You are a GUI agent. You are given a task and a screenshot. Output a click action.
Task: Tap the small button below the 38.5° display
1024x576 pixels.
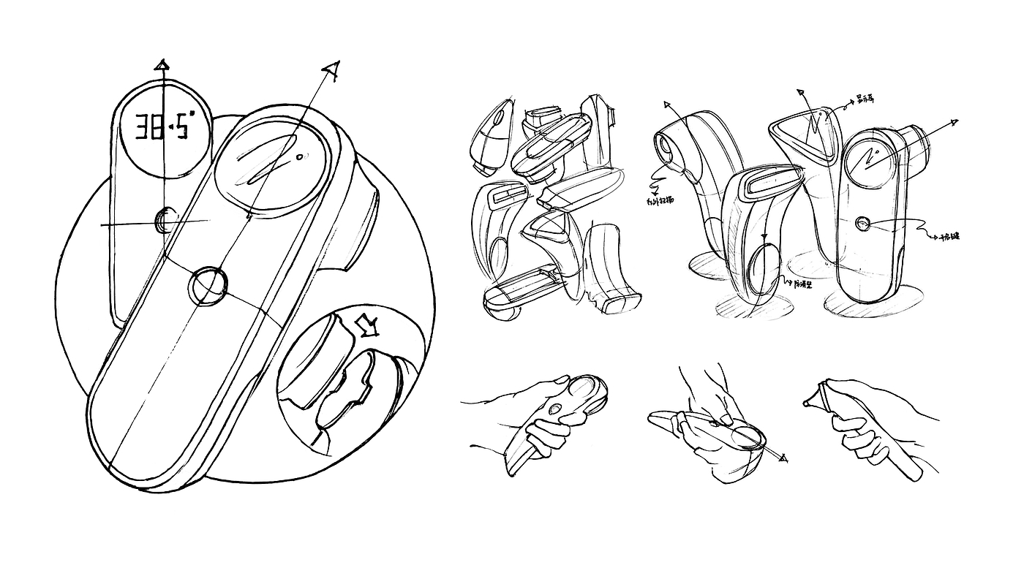(165, 219)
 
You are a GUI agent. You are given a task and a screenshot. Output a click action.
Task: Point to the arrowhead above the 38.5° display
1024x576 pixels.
(162, 65)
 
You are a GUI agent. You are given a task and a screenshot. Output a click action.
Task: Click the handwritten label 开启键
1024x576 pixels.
(949, 237)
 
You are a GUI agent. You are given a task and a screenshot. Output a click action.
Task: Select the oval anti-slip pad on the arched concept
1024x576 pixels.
(762, 270)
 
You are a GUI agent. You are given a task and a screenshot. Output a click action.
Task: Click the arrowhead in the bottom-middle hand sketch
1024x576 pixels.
(784, 458)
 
